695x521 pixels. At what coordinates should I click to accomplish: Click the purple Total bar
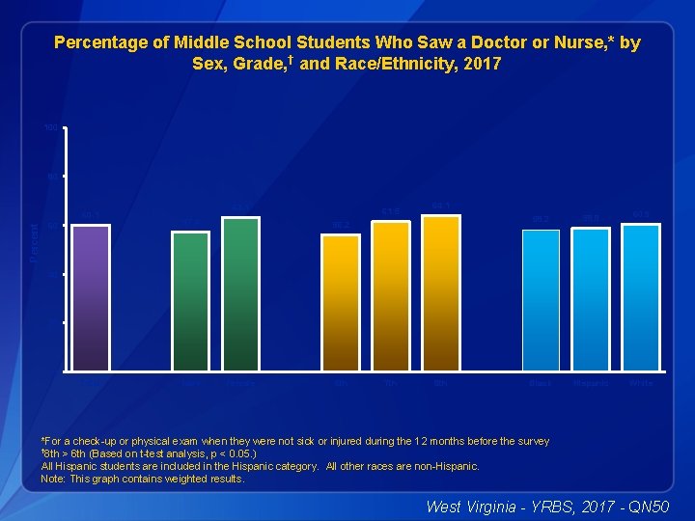coord(91,297)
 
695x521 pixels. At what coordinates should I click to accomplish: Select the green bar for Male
coord(190,301)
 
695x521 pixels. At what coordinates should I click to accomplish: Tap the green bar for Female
coord(240,293)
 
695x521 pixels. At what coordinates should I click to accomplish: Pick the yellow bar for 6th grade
coord(340,302)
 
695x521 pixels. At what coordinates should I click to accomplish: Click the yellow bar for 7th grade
coord(390,295)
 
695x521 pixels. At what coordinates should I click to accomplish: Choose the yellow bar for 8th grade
coord(440,292)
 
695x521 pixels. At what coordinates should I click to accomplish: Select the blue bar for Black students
coord(541,300)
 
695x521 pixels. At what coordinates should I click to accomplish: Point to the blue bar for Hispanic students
coord(591,299)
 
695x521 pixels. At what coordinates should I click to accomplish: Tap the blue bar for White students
coord(641,297)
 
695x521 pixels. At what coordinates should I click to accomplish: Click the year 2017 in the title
coord(482,65)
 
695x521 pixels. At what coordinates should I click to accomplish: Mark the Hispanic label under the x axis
coord(590,383)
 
